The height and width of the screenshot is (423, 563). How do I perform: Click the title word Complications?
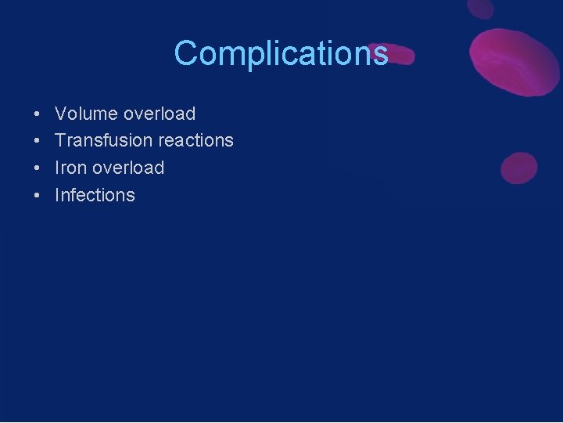pyautogui.click(x=281, y=53)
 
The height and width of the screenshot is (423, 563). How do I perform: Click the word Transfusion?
pyautogui.click(x=103, y=141)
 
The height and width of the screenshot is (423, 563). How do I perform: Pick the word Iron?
pyautogui.click(x=70, y=168)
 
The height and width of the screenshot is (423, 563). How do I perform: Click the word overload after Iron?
pyautogui.click(x=128, y=168)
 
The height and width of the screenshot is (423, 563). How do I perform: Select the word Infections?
pyautogui.click(x=95, y=195)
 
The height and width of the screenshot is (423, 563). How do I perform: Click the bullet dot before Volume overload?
pyautogui.click(x=38, y=114)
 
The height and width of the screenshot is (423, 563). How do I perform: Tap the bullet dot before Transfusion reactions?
pyautogui.click(x=38, y=142)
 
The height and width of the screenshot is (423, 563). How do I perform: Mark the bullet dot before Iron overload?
pyautogui.click(x=38, y=168)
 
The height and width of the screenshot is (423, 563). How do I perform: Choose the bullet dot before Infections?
pyautogui.click(x=38, y=196)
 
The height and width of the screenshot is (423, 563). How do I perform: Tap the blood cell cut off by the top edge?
pyautogui.click(x=481, y=8)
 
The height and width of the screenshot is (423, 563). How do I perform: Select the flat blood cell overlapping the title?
pyautogui.click(x=395, y=53)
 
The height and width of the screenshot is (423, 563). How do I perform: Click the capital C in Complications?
pyautogui.click(x=187, y=53)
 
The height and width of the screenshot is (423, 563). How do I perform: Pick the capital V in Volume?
pyautogui.click(x=61, y=114)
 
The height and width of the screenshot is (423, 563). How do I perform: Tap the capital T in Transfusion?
pyautogui.click(x=60, y=141)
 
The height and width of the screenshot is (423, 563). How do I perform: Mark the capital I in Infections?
pyautogui.click(x=57, y=195)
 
